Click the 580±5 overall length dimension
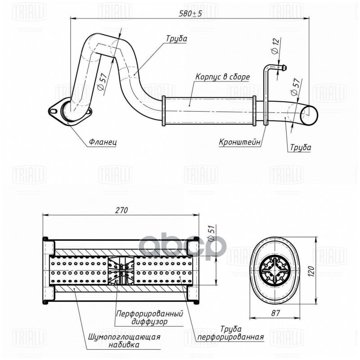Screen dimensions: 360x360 point(190,14)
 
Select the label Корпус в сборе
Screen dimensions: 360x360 point(222,77)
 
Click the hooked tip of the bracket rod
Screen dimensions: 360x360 point(283,69)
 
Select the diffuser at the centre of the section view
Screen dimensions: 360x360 point(121,272)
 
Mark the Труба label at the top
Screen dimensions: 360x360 point(176,39)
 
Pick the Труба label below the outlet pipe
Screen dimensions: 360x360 point(300,147)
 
